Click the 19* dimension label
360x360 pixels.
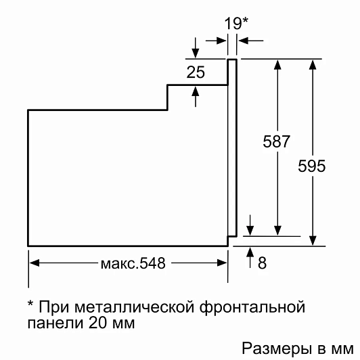point(236,23)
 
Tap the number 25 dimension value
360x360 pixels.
point(196,72)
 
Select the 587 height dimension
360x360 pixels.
point(276,141)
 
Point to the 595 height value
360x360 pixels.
point(311,166)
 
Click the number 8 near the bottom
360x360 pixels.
point(262,263)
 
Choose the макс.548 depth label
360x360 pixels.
point(133,263)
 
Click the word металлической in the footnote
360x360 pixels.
point(134,307)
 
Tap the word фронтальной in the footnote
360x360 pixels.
point(252,308)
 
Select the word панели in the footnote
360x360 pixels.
point(55,323)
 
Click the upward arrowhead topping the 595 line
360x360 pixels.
point(313,64)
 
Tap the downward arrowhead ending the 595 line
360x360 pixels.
point(313,241)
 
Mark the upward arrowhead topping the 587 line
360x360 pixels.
point(277,64)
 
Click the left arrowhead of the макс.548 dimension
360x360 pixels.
point(35,263)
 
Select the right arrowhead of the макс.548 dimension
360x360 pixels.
point(222,263)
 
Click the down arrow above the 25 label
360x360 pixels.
point(196,48)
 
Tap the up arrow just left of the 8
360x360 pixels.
point(250,257)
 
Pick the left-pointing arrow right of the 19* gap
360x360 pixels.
point(251,41)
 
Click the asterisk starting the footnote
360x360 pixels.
point(30,304)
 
